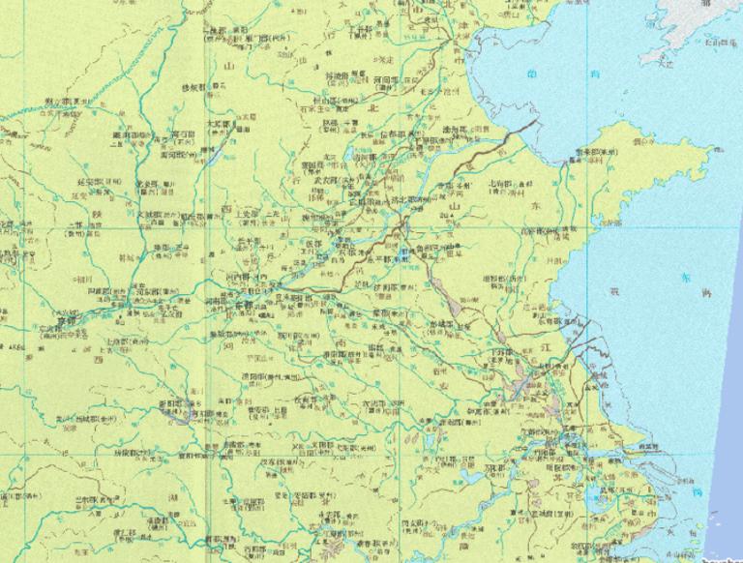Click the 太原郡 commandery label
tap(221, 124)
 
